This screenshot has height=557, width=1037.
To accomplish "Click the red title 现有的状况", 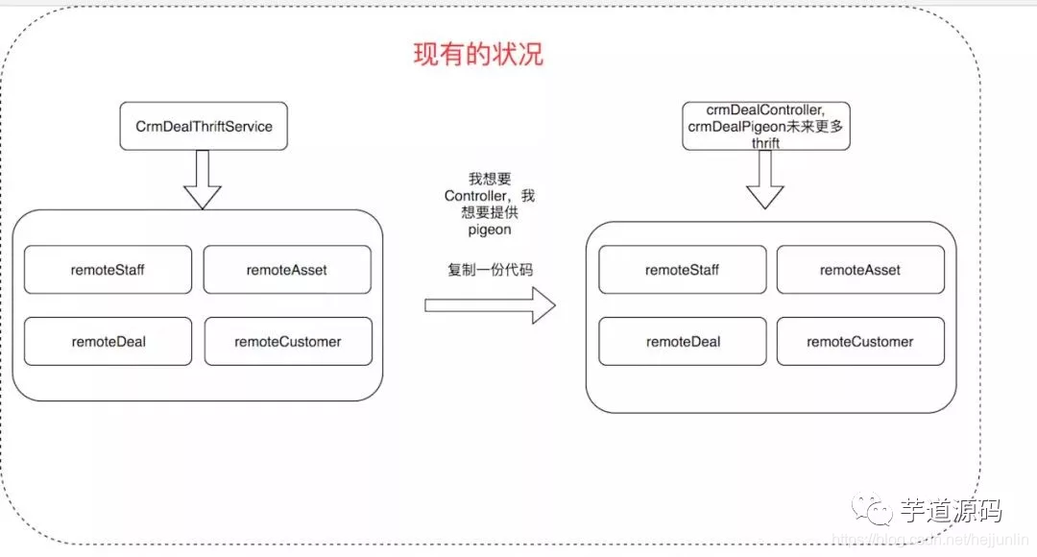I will click(x=478, y=54).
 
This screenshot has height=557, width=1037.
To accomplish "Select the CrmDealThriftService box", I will click(x=204, y=126).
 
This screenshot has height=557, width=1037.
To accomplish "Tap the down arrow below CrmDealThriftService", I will click(x=202, y=180).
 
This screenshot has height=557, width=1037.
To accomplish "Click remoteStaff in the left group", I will click(x=108, y=270).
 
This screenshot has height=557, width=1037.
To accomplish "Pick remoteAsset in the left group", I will click(x=287, y=270).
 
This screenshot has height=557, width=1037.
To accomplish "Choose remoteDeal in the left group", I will click(x=108, y=341).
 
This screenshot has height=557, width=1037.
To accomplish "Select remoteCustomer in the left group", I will click(x=287, y=341).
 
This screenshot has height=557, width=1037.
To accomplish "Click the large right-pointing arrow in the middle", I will click(x=490, y=305).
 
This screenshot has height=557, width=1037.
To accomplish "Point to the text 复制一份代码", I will click(x=490, y=270).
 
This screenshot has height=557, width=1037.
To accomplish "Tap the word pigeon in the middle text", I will click(x=490, y=231).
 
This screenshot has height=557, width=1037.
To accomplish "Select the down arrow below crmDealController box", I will click(x=765, y=181).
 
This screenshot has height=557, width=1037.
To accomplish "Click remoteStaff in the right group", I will click(x=683, y=270).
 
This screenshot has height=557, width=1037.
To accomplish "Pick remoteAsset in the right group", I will click(x=860, y=270).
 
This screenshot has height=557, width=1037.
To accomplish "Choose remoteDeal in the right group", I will click(x=683, y=341).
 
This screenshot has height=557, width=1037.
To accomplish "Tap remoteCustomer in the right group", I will click(x=860, y=341).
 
